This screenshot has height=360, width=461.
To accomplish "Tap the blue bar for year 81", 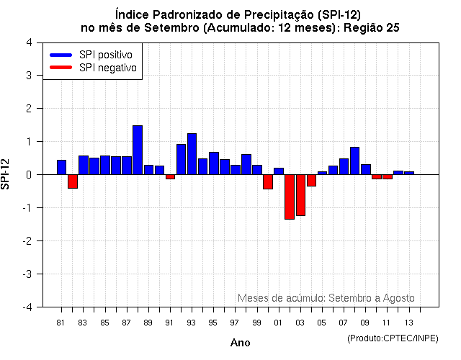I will pyautogui.click(x=61, y=167).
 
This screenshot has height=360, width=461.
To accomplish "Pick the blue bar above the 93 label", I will pyautogui.click(x=192, y=154).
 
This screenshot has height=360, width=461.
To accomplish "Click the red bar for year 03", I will pyautogui.click(x=300, y=194).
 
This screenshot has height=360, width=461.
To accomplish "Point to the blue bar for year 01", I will pyautogui.click(x=278, y=171).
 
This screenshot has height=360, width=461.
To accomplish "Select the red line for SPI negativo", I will pyautogui.click(x=61, y=68).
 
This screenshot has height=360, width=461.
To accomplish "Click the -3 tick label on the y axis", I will pyautogui.click(x=27, y=274).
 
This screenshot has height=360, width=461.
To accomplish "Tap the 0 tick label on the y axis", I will pyautogui.click(x=28, y=175).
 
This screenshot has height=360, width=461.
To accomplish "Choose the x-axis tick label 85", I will pyautogui.click(x=104, y=323).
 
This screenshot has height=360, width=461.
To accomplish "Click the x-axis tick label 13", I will pyautogui.click(x=408, y=323).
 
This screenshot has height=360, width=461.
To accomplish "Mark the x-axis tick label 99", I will pyautogui.click(x=256, y=323).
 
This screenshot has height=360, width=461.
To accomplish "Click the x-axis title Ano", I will pyautogui.click(x=240, y=343).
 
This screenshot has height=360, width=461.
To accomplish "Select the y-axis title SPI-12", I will pyautogui.click(x=7, y=174).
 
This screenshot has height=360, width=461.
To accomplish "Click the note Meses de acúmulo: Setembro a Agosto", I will pyautogui.click(x=326, y=298).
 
